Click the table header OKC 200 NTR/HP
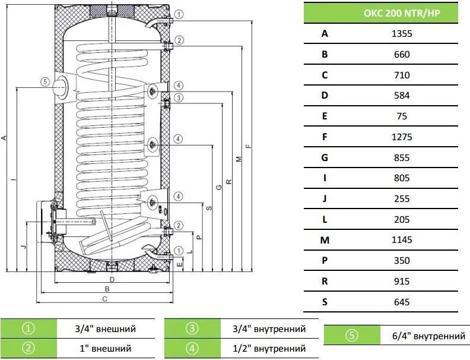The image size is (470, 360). coord(402,13)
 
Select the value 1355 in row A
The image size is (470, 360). coord(402,34)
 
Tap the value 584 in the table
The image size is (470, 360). coord(402,96)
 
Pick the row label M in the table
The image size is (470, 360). coord(325,240)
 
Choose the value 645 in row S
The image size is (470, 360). coord(402,302)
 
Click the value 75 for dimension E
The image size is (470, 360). coord(402,116)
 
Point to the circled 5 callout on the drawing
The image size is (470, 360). coord(45,81)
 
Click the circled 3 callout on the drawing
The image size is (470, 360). coord(179,98)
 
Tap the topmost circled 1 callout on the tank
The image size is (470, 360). coord(179,14)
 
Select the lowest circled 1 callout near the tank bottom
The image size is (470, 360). coord(179,251)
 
